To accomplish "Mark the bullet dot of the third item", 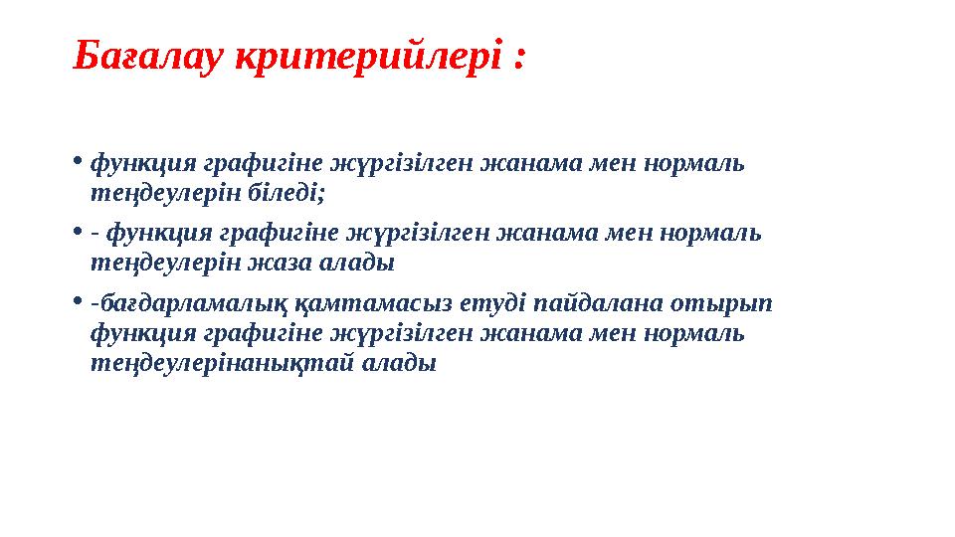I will [x=79, y=302].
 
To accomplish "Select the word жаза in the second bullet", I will [x=285, y=265].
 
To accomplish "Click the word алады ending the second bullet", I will [x=363, y=265].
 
